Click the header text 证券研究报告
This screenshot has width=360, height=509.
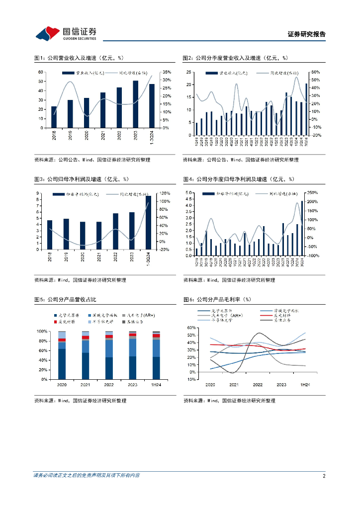[x=307, y=34]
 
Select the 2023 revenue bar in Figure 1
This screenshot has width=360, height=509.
[x=135, y=104]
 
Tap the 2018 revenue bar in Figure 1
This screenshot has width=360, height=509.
[x=54, y=117]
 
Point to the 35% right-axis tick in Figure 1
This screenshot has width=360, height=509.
[x=167, y=72]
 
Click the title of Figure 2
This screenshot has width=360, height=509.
[x=235, y=58]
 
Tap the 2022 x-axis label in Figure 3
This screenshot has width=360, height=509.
[x=116, y=257]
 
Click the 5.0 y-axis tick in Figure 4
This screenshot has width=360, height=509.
[x=189, y=193]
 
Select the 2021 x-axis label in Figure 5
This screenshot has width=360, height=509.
[x=86, y=385]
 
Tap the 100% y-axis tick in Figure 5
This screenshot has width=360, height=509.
[x=42, y=332]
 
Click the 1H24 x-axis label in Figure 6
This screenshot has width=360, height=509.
[x=305, y=385]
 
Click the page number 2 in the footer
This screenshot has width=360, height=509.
[x=324, y=476]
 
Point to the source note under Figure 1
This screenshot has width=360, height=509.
[x=92, y=160]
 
